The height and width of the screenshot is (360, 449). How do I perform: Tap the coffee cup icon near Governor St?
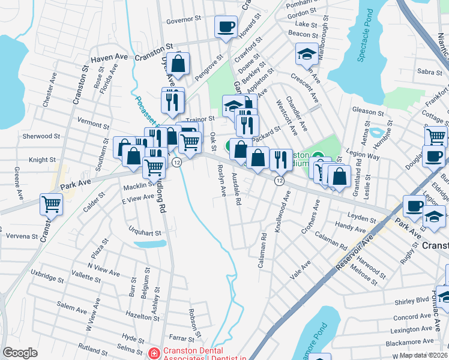[x=226, y=27]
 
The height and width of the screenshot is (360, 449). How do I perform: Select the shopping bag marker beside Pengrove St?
[x=179, y=63]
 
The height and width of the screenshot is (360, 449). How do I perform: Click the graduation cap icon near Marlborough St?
[x=306, y=55]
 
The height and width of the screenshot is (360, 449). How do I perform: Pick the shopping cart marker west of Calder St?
[x=51, y=204]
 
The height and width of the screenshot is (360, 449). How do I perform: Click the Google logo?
[x=20, y=353]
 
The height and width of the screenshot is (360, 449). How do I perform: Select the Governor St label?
[x=183, y=20]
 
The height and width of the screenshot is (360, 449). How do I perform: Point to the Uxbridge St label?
[x=47, y=278]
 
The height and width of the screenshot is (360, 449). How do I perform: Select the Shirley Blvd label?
[x=412, y=300]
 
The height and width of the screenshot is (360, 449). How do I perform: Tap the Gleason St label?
[x=368, y=112]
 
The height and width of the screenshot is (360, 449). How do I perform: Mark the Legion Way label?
[x=365, y=156]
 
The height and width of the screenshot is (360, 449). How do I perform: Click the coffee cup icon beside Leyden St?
[x=414, y=205]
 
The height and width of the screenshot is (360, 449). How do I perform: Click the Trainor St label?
[x=200, y=121]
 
